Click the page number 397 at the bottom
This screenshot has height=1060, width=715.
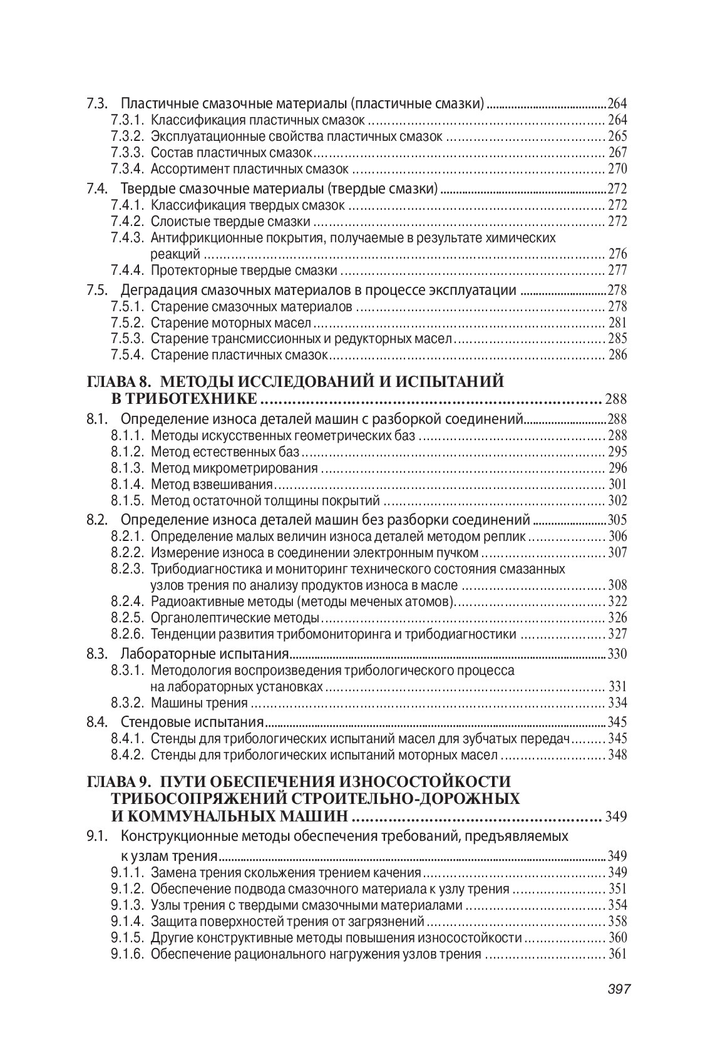pos(618,989)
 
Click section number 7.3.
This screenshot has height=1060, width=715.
pos(98,104)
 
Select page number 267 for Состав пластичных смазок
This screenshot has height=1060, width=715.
pos(617,153)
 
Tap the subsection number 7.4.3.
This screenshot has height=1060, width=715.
pos(128,238)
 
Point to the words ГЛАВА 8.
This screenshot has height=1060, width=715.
pos(116,381)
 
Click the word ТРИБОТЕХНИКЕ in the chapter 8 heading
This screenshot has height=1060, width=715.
pos(184,399)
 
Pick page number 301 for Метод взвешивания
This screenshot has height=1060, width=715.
pos(617,485)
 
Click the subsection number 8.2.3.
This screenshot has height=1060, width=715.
pos(128,569)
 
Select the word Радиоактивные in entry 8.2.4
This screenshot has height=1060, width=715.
pos(187,602)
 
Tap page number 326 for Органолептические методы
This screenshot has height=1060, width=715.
pos(617,618)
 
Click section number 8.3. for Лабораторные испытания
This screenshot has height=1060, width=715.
pos(98,654)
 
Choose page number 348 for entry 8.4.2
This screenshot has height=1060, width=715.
pos(617,754)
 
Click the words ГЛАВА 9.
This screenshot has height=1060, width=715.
pos(116,781)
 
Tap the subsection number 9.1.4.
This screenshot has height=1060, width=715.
pos(128,921)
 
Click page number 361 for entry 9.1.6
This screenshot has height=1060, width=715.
pos(617,954)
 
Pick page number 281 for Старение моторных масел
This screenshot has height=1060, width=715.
pos(617,323)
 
